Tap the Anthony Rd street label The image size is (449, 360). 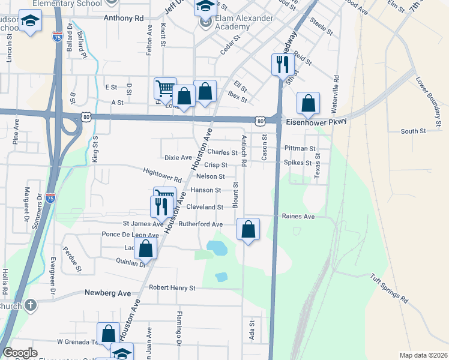coord(124,18)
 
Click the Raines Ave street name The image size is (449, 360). coord(298,216)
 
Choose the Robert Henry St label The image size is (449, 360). coord(172,288)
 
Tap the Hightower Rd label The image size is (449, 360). coord(163,175)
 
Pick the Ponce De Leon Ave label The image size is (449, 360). coord(130,235)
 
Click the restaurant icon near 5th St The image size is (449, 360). coord(283,63)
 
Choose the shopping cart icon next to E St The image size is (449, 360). coord(165,88)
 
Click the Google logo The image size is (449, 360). coord(20,353)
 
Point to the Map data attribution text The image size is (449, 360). coord(423,355)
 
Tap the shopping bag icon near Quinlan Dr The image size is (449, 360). coord(146,247)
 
